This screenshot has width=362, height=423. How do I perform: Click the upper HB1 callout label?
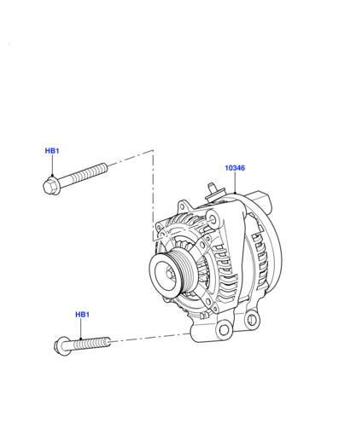coord(52,151)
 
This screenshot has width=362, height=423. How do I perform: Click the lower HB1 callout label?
coord(82,315)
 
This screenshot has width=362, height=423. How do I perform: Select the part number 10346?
coord(235,168)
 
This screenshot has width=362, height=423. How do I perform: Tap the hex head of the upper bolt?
coord(50,186)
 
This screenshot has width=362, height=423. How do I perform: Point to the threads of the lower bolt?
coord(92,343)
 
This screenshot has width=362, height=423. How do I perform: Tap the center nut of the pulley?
coord(169,274)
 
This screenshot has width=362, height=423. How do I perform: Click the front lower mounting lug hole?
coord(224,330)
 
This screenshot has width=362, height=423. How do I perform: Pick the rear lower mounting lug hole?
coord(252,319)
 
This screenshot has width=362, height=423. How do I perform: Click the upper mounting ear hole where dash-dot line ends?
coord(213,218)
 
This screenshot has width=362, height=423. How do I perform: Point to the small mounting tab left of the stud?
coord(184,206)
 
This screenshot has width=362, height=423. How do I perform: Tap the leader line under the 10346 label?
coord(235,183)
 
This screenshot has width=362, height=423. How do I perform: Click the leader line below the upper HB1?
coord(52,165)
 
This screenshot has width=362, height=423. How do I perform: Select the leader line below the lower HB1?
coord(81,328)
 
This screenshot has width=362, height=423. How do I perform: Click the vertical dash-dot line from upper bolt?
coord(154,195)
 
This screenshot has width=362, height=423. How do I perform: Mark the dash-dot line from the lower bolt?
coord(150,337)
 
